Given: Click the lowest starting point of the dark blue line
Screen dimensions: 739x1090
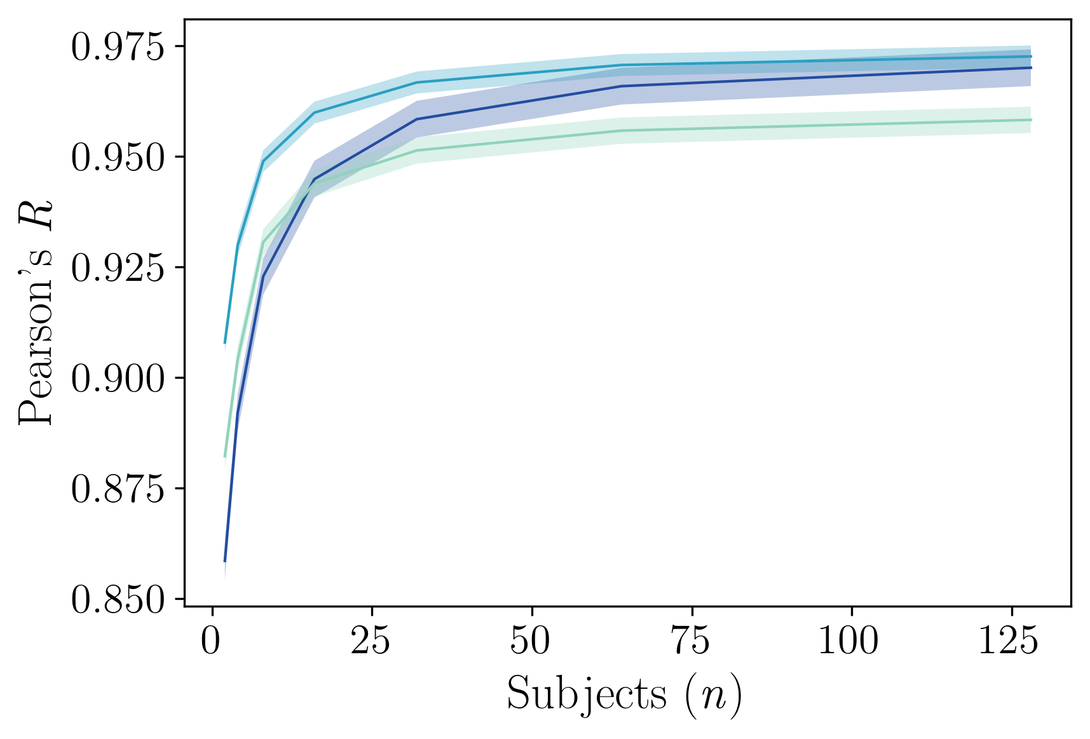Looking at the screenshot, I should (x=225, y=562).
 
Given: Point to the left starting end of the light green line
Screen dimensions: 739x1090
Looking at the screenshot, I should (x=225, y=457).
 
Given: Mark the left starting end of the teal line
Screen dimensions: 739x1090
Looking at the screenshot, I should (x=225, y=343).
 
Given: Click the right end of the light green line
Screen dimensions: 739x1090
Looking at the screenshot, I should (x=1031, y=119).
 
